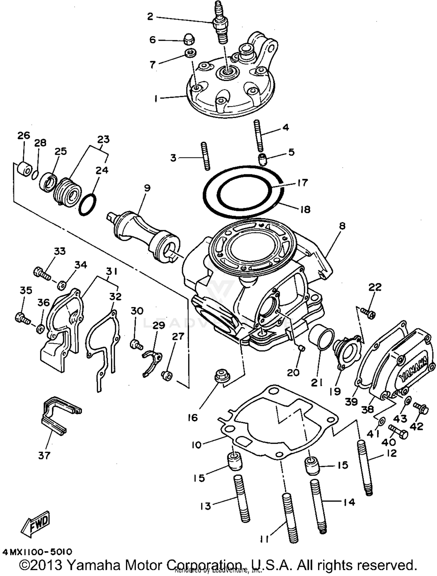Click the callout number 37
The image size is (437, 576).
click(44, 455)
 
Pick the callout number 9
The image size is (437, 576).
click(147, 188)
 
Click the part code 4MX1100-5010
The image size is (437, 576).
click(37, 552)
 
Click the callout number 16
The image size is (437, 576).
click(193, 418)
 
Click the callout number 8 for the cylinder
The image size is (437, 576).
click(342, 226)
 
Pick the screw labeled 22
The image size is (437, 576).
click(368, 313)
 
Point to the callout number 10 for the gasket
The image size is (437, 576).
click(197, 445)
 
